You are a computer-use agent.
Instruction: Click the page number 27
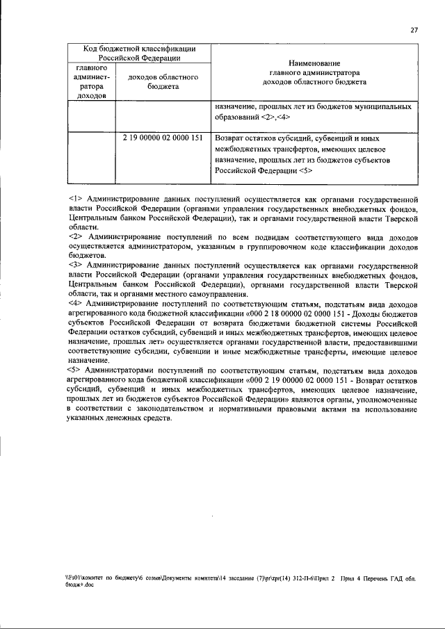tap(414, 31)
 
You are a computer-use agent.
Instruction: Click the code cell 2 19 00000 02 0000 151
tap(162, 138)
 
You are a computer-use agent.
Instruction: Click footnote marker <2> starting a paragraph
tap(76, 236)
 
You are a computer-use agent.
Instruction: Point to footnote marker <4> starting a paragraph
tap(76, 304)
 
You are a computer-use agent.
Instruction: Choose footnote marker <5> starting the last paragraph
tap(76, 370)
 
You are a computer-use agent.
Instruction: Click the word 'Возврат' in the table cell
tap(232, 138)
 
